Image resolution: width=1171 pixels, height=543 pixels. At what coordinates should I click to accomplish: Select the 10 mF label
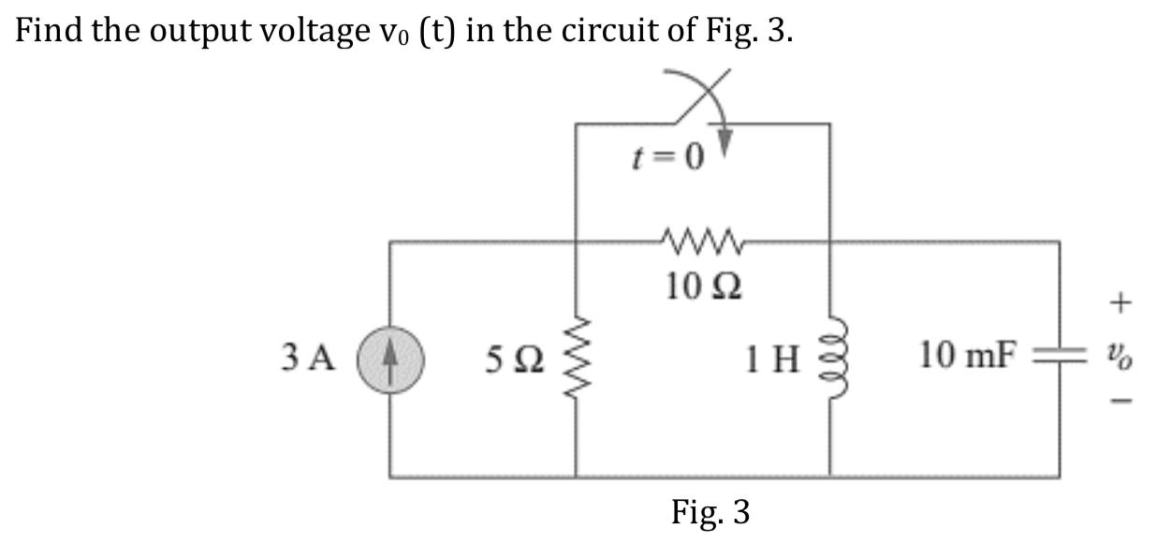tap(966, 356)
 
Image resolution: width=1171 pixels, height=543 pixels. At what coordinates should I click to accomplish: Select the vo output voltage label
tap(1124, 357)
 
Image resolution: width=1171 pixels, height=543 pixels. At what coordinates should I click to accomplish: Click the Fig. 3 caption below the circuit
tap(710, 511)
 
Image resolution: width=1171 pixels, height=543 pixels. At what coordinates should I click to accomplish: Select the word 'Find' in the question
tap(48, 33)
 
